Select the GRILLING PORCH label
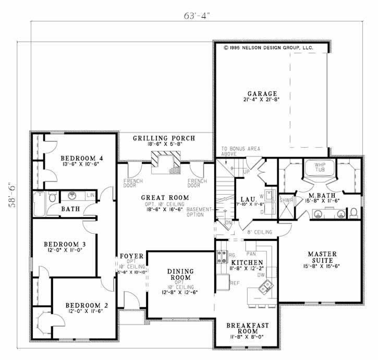pyautogui.click(x=164, y=138)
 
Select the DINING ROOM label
pyautogui.click(x=180, y=274)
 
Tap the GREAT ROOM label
pyautogui.click(x=164, y=198)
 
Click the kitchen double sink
pyautogui.click(x=266, y=285)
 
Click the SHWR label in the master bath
pyautogui.click(x=286, y=199)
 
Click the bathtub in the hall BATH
pyautogui.click(x=40, y=205)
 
